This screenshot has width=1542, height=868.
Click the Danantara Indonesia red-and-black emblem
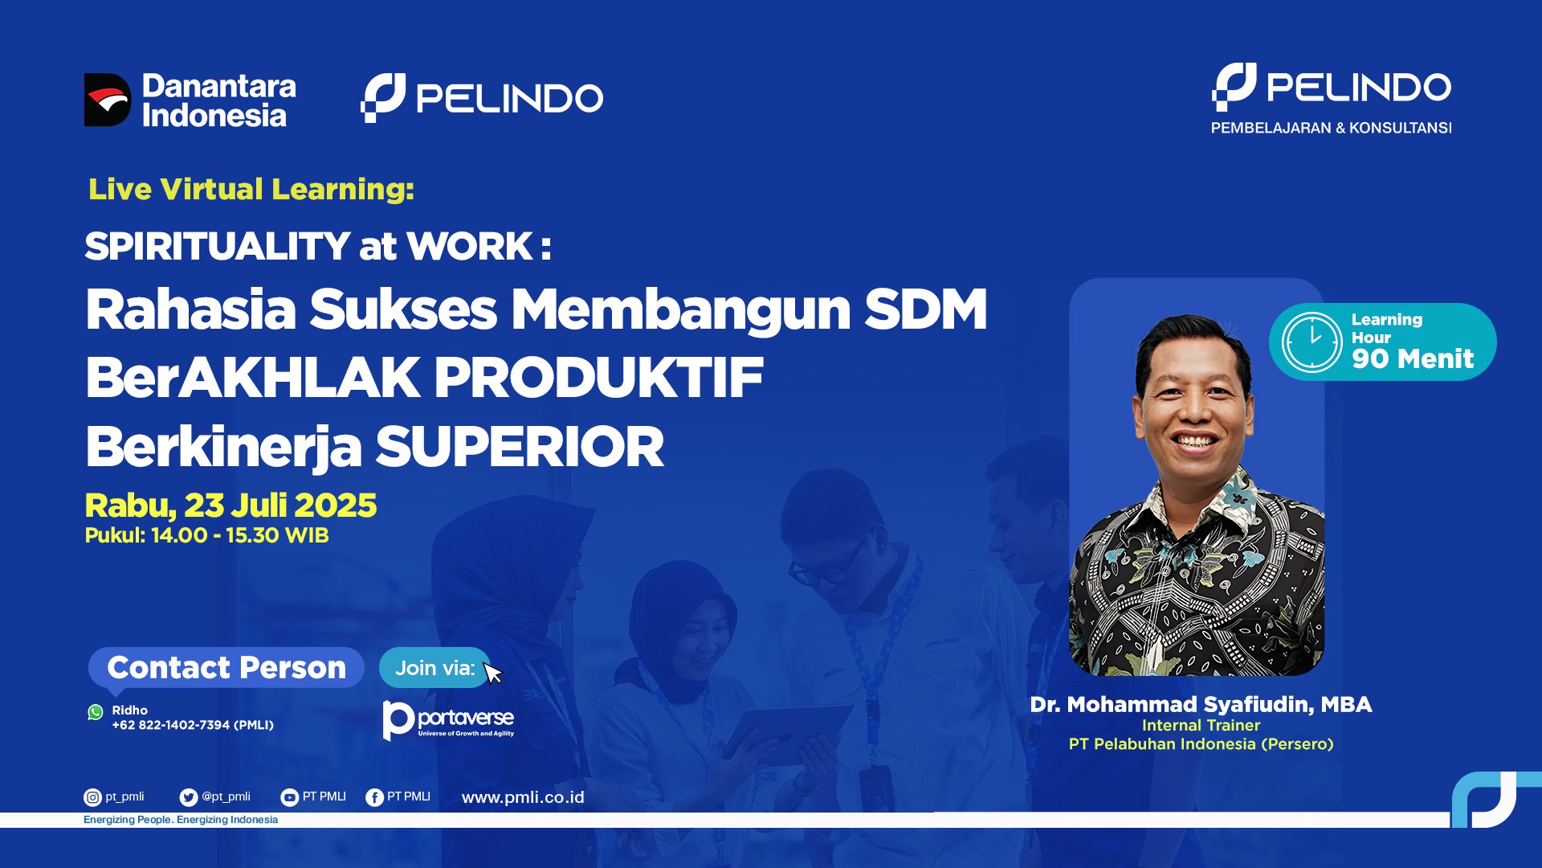click(x=108, y=100)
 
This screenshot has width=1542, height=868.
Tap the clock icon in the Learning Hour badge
click(x=1312, y=342)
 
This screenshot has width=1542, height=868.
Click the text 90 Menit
click(x=1413, y=358)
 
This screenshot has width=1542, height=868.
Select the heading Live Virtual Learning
click(x=251, y=189)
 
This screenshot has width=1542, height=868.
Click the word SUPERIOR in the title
click(x=520, y=447)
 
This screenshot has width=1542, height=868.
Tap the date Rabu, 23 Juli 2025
click(x=230, y=506)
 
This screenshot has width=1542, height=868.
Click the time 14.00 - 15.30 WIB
click(x=240, y=535)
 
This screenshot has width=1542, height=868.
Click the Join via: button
click(x=434, y=668)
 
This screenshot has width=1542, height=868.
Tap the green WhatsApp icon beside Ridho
click(x=96, y=712)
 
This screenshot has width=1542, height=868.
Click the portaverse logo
click(x=448, y=720)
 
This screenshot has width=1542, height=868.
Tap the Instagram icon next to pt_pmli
click(x=92, y=797)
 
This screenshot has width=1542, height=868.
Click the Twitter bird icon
click(x=189, y=797)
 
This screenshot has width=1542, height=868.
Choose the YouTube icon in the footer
click(x=289, y=797)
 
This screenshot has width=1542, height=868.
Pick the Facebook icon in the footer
click(x=374, y=797)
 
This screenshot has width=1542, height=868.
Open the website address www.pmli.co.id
click(x=523, y=797)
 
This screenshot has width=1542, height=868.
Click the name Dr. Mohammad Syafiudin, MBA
click(x=1201, y=705)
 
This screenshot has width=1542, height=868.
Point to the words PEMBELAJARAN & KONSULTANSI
click(x=1331, y=128)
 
